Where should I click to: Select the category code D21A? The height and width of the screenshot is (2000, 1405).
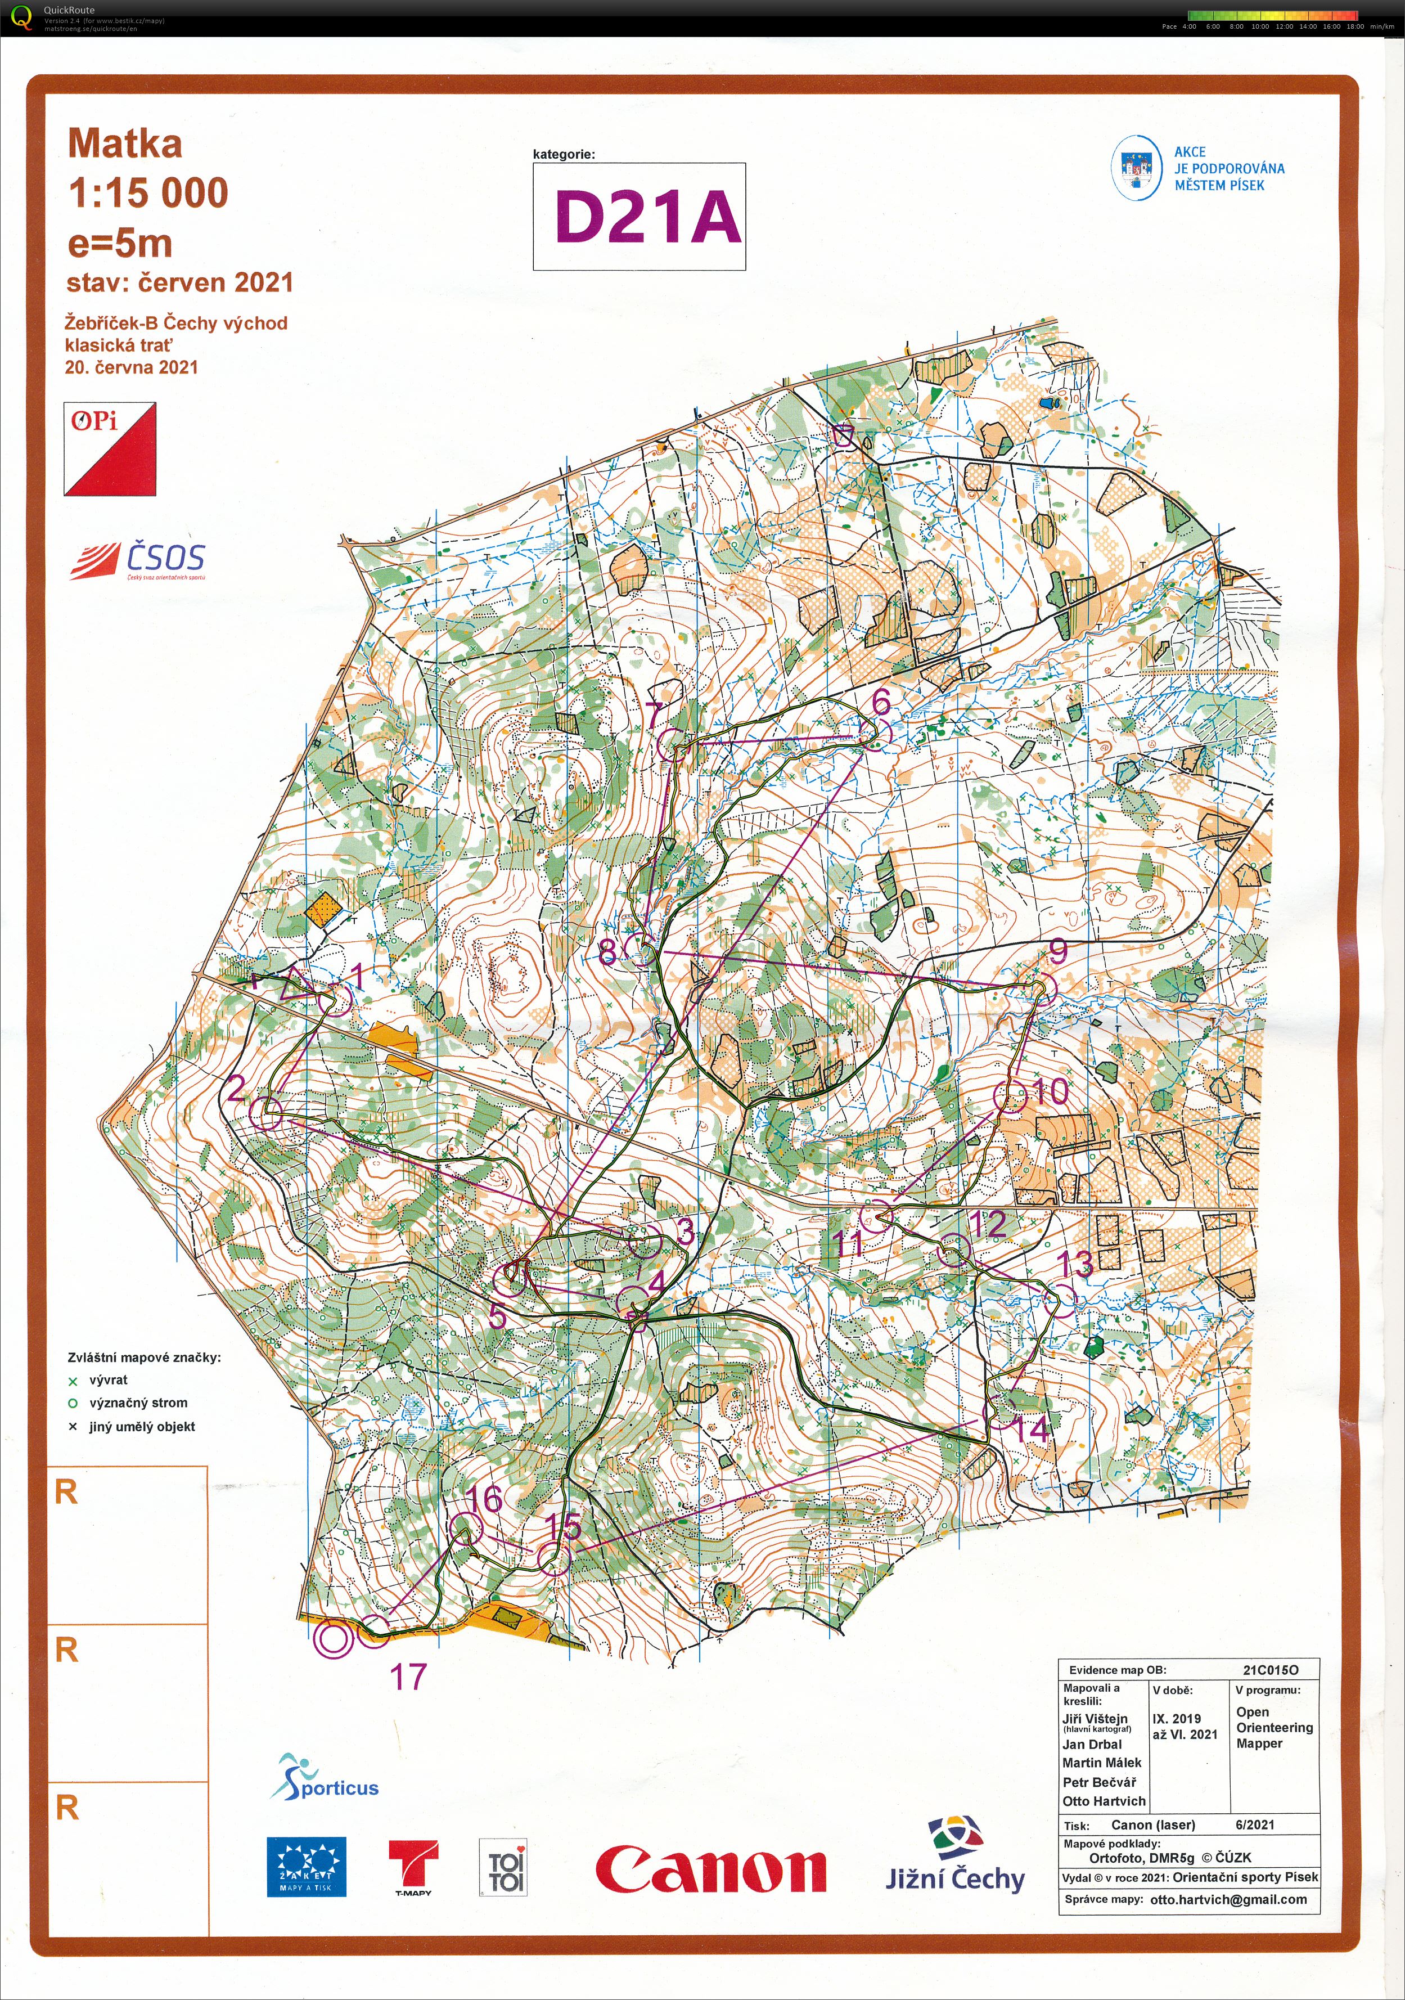(x=647, y=217)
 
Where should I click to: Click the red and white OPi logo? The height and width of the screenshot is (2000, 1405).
(x=110, y=448)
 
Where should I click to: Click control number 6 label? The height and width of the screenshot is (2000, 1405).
(x=881, y=701)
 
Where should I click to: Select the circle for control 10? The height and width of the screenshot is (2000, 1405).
(x=1010, y=1098)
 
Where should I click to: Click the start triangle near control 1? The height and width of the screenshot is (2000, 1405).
(x=297, y=985)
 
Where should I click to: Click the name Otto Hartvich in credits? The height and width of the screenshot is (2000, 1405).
(x=1104, y=1800)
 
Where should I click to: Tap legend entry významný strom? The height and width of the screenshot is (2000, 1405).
(x=138, y=1403)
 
